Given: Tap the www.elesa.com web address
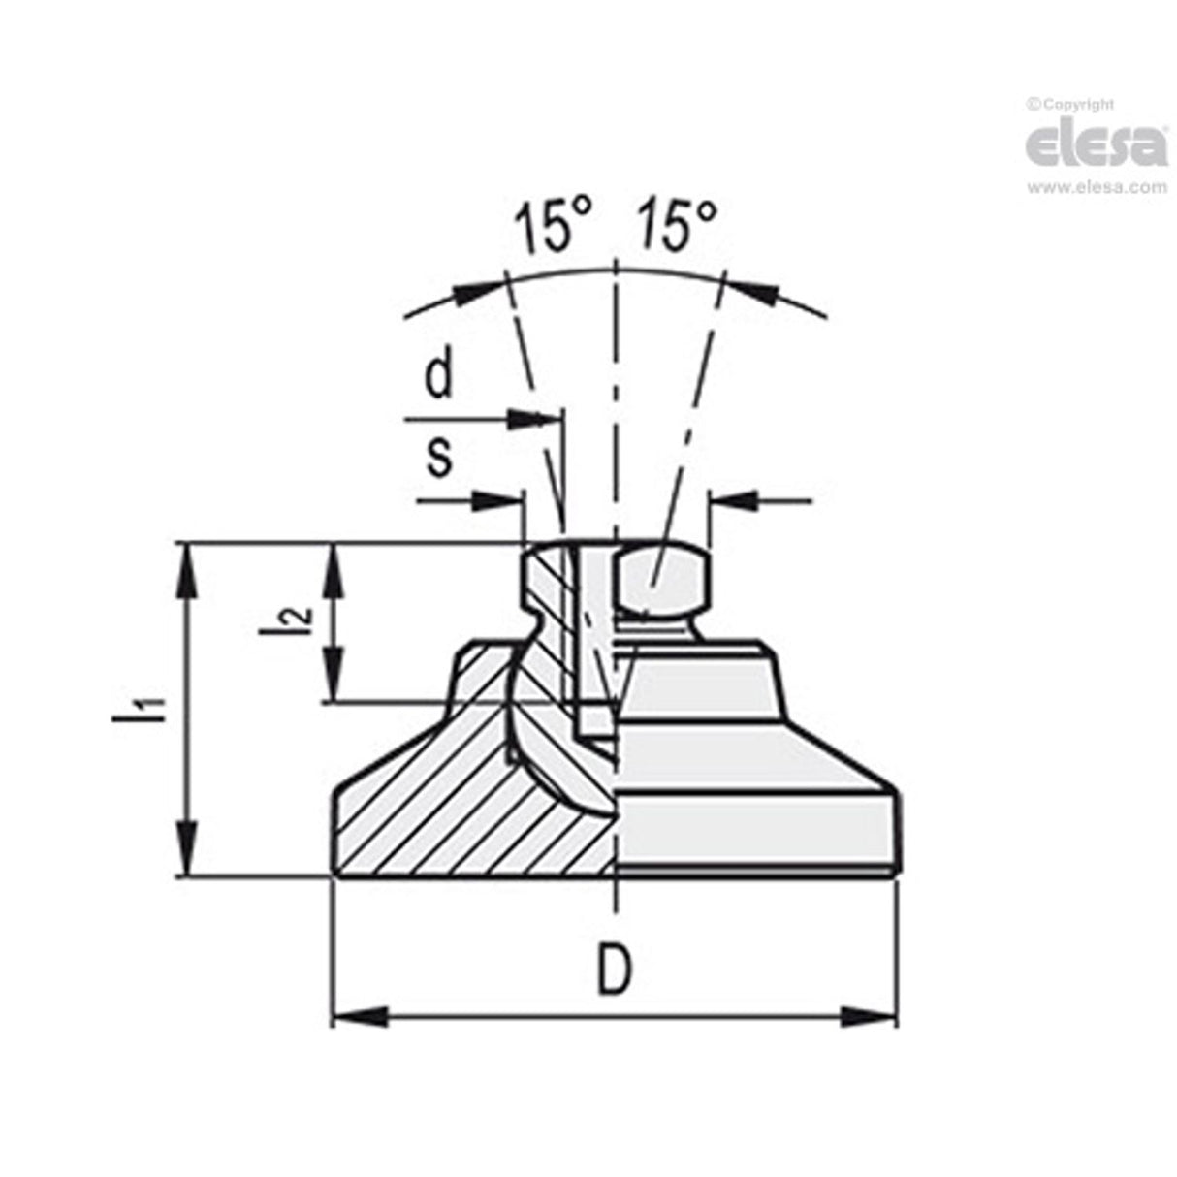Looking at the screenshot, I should [1097, 187].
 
